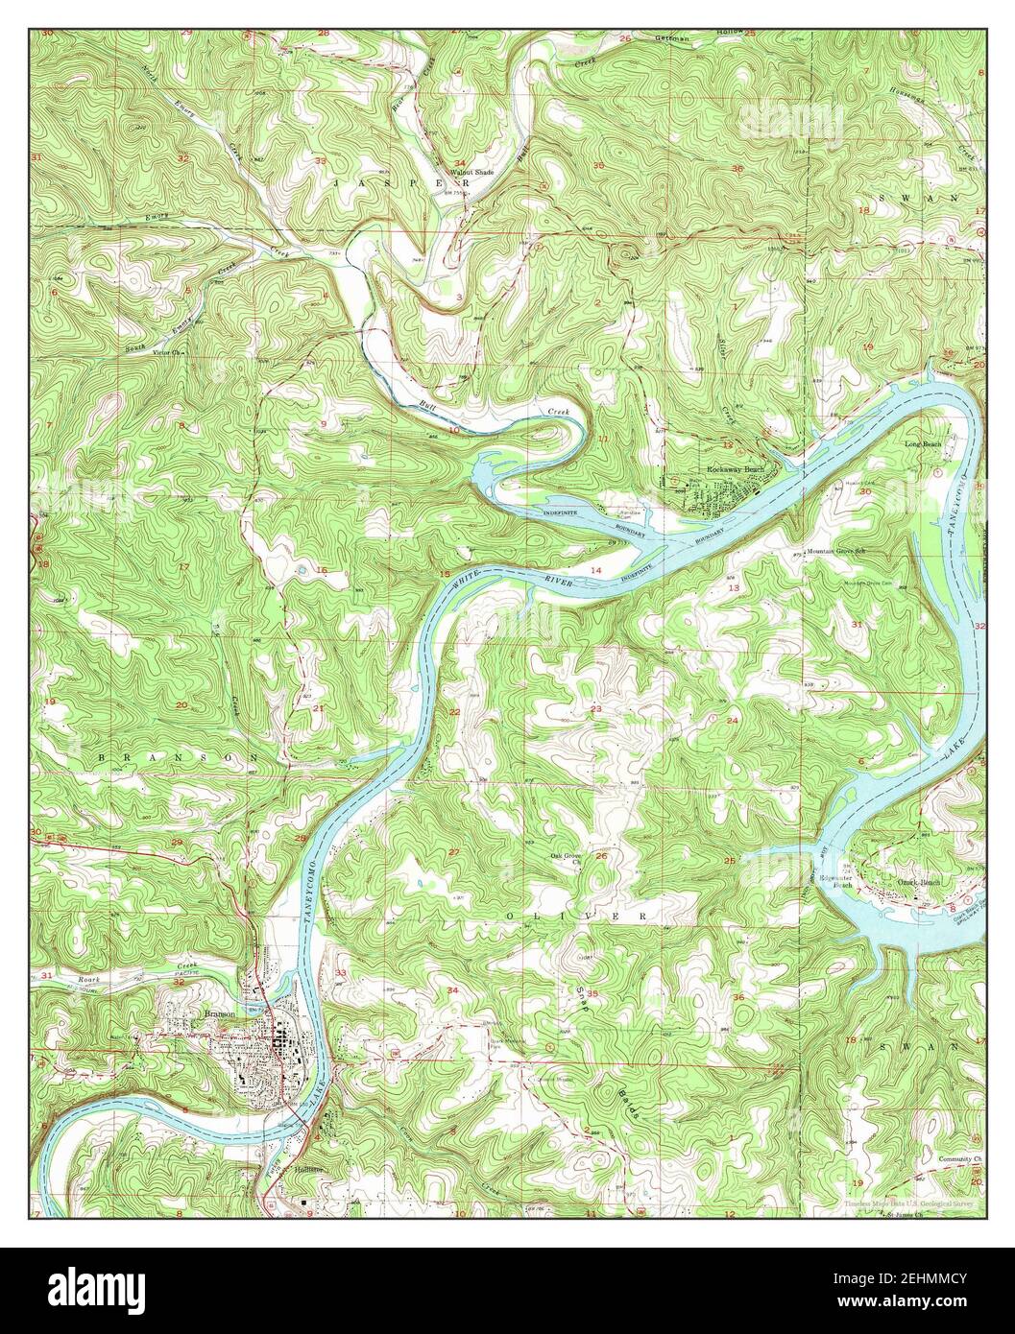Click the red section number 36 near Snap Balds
pos(738,998)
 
